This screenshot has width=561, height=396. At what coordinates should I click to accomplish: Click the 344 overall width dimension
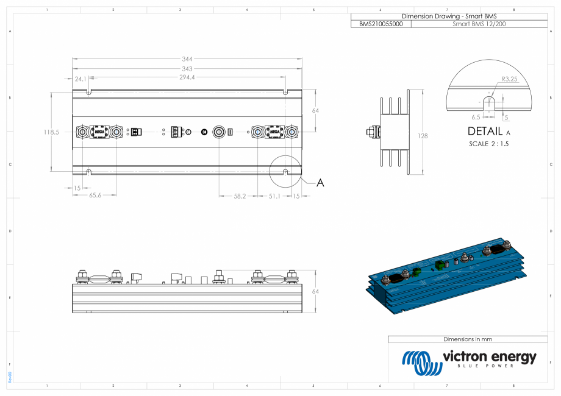tap(187, 59)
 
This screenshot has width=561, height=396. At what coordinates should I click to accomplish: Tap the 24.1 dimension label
tap(80, 79)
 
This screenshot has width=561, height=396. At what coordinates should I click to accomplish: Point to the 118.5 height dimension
tap(51, 132)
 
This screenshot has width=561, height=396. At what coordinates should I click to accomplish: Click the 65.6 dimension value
tap(95, 196)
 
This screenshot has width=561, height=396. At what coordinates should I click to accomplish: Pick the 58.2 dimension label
tap(240, 196)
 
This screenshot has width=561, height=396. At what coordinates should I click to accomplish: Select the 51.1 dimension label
tap(274, 196)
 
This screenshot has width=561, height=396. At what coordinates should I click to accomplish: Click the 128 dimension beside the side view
tap(423, 136)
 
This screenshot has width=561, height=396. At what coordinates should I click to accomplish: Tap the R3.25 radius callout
tap(509, 79)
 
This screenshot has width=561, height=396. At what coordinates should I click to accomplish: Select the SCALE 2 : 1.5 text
tap(489, 144)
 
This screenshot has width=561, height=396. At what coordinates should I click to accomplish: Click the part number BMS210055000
tap(381, 24)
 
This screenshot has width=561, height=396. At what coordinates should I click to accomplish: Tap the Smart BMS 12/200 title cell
tap(479, 24)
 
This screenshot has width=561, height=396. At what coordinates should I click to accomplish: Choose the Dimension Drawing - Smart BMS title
tap(449, 16)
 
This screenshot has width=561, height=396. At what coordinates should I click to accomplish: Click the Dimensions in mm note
tap(468, 339)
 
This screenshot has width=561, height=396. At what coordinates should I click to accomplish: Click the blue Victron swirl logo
tap(421, 362)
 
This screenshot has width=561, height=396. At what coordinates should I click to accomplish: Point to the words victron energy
tap(489, 356)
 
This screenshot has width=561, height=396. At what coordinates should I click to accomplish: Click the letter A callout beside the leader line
tap(321, 182)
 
